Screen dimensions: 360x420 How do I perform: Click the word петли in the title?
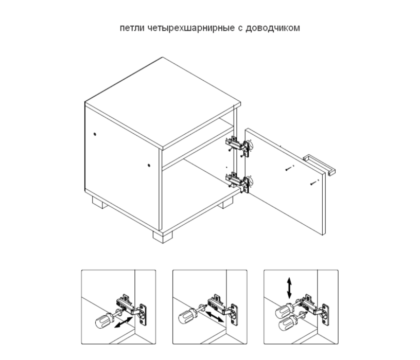click(x=131, y=27)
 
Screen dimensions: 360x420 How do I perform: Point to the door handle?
click(x=319, y=164)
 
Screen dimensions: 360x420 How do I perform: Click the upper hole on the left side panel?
click(x=95, y=135)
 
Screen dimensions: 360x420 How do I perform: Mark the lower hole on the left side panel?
click(x=148, y=166)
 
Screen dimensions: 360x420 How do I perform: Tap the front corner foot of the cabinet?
click(x=162, y=237)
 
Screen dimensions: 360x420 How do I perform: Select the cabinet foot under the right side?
click(x=225, y=204)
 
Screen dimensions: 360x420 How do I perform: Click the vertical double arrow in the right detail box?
click(x=289, y=287)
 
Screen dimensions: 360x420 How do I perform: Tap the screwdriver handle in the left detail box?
click(x=102, y=322)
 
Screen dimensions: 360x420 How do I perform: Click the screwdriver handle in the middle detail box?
click(x=186, y=315)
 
